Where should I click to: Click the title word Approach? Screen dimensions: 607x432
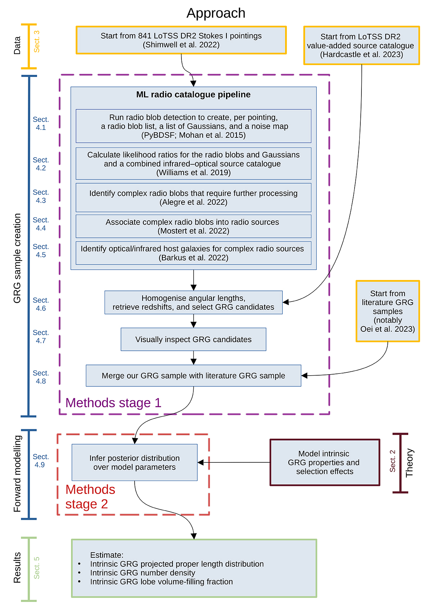(216, 13)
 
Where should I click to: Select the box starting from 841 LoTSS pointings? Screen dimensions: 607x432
(181, 40)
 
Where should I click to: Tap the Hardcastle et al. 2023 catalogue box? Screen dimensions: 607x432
(361, 46)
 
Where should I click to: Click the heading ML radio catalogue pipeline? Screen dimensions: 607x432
(193, 95)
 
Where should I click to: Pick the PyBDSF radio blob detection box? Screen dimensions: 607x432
(193, 126)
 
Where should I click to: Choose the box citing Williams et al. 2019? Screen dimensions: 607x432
(193, 164)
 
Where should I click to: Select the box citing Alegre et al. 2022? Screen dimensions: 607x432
(193, 198)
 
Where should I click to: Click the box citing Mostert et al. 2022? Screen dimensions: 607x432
(193, 226)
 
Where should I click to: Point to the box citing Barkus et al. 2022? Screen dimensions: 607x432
(193, 253)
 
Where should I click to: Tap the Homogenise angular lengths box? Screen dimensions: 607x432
(193, 303)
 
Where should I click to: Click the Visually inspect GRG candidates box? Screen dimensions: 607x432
(193, 339)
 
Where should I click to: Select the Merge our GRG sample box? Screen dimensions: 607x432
(193, 376)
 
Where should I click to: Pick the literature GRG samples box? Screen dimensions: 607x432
(388, 311)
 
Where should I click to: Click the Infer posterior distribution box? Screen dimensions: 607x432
(134, 463)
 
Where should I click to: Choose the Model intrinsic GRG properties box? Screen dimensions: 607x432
(325, 463)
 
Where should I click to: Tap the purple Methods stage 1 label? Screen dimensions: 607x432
(113, 403)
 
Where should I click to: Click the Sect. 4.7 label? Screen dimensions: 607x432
(41, 336)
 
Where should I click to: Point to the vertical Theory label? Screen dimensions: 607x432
(409, 463)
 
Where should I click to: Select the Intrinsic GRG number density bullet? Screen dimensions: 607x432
(143, 573)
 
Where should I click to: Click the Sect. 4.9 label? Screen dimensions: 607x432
(40, 461)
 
